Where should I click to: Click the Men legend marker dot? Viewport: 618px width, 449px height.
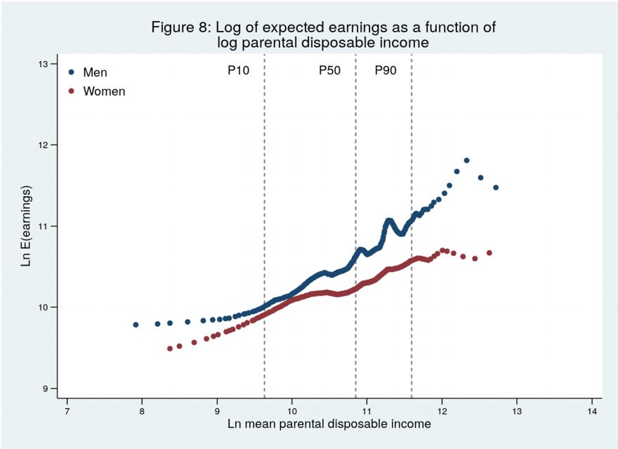pyautogui.click(x=71, y=72)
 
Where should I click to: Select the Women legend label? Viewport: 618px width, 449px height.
pyautogui.click(x=104, y=91)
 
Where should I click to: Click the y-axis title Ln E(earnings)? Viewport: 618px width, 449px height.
pyautogui.click(x=27, y=226)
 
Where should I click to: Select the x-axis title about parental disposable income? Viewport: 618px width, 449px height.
pyautogui.click(x=329, y=424)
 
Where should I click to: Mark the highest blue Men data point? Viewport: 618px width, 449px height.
pyautogui.click(x=466, y=160)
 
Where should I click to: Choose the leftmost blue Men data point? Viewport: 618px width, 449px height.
pyautogui.click(x=136, y=325)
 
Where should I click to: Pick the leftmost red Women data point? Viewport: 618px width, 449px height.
pyautogui.click(x=169, y=349)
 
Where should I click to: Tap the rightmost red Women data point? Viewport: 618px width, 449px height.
pyautogui.click(x=489, y=253)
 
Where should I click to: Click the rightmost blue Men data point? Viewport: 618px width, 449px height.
pyautogui.click(x=496, y=188)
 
